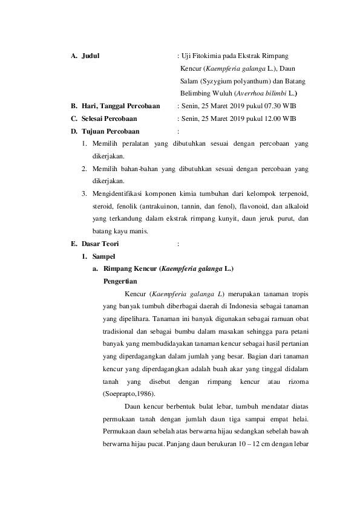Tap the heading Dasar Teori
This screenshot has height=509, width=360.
pos(100,244)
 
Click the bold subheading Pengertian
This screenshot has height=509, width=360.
pos(120,281)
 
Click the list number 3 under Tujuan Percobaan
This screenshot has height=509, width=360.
pos(82,194)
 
